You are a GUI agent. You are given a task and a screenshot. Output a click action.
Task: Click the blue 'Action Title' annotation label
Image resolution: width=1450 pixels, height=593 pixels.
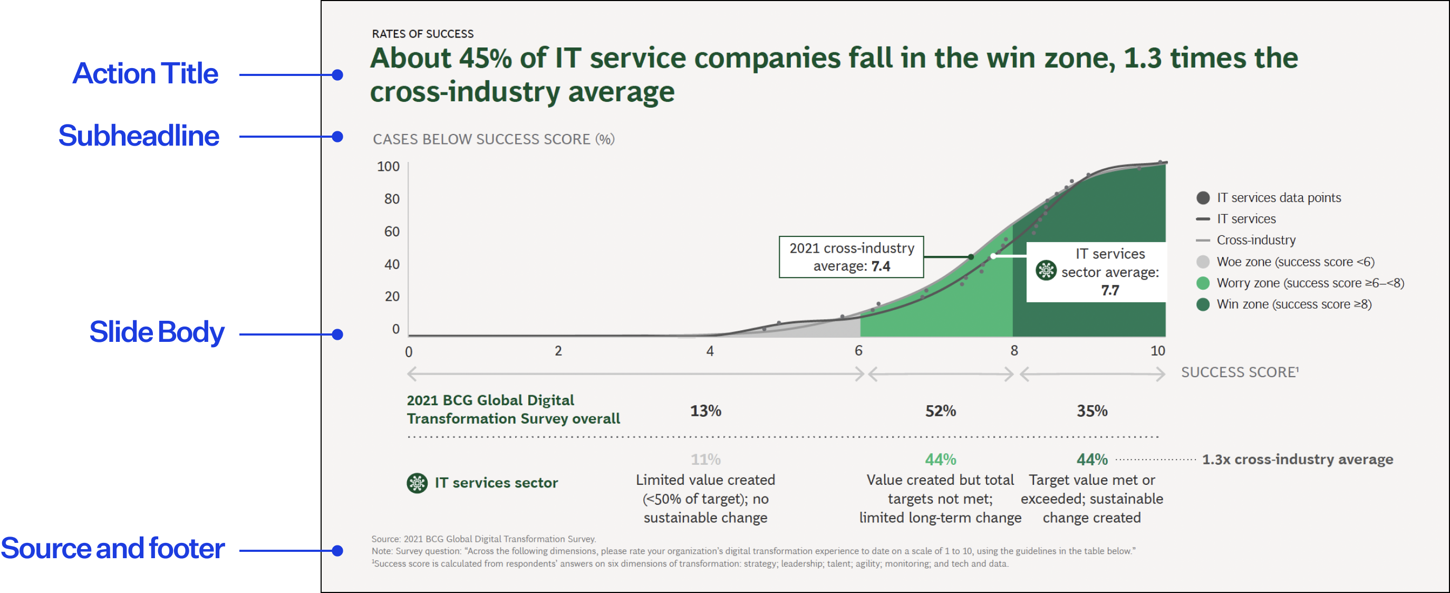(x=145, y=74)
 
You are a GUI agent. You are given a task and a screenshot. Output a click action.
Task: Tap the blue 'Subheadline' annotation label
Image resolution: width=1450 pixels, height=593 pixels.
(x=139, y=136)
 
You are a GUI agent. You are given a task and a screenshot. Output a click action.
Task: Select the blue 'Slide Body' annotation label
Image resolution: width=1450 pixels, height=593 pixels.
(x=157, y=332)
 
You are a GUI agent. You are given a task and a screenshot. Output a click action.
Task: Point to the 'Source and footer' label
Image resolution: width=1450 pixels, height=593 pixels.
(x=113, y=549)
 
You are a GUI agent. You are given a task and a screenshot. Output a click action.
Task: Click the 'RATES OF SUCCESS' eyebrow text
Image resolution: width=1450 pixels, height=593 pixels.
(x=423, y=34)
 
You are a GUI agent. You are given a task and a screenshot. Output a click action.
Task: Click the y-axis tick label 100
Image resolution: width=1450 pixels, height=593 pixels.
(x=388, y=167)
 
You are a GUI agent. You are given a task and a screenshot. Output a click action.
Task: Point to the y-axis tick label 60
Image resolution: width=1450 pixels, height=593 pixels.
(x=392, y=232)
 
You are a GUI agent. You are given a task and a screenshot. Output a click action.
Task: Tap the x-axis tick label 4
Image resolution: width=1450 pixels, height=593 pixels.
(x=710, y=351)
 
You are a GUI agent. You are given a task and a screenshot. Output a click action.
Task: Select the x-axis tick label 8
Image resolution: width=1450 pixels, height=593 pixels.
(x=1014, y=351)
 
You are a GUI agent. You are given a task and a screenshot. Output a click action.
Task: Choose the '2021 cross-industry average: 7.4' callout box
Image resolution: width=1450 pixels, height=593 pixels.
(x=851, y=257)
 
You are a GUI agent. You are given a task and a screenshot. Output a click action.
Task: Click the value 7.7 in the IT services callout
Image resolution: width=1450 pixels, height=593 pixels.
(x=1110, y=291)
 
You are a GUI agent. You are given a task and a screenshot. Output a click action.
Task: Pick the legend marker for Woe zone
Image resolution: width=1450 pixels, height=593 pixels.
(x=1203, y=262)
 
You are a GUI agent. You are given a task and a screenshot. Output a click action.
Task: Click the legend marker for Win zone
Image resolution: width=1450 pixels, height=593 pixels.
(x=1203, y=304)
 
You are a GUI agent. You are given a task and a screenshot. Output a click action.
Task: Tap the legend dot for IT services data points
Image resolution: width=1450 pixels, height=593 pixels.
(x=1203, y=198)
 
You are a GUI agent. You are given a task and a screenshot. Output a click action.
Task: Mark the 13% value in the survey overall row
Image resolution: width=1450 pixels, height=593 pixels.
(x=705, y=411)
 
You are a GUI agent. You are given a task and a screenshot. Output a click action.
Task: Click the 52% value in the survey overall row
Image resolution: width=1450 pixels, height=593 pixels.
(x=940, y=411)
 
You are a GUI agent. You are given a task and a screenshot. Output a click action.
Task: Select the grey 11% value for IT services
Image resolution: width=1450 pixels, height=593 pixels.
(x=705, y=460)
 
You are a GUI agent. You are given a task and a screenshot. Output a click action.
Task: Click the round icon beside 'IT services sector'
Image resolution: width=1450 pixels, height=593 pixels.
(x=417, y=483)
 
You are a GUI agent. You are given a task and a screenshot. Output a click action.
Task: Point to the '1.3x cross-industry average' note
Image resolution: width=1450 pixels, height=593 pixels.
(x=1298, y=460)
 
